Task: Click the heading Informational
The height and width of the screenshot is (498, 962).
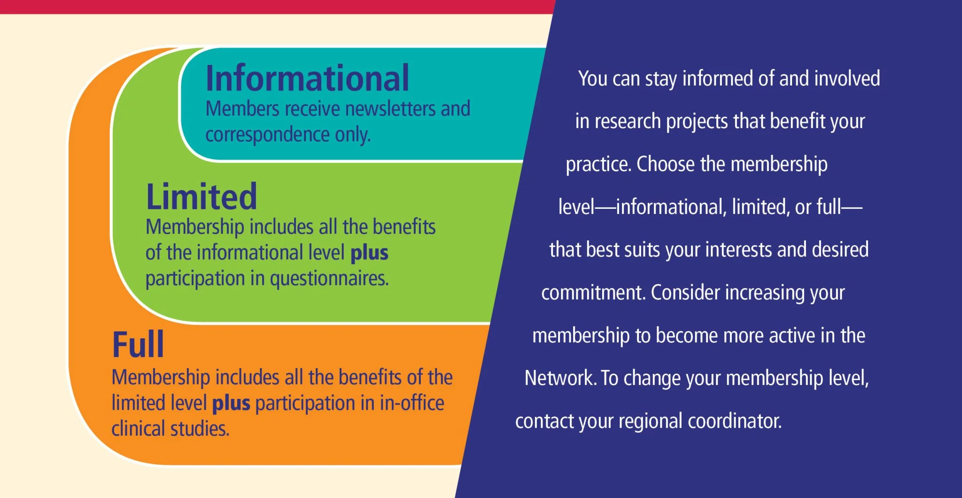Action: [x=308, y=78]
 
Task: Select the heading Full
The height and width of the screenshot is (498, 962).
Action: [x=138, y=345]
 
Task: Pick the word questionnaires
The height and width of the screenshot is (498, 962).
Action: [x=329, y=279]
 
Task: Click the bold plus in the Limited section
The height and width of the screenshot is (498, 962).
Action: [x=370, y=253]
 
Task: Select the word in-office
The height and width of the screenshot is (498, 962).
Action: [x=412, y=403]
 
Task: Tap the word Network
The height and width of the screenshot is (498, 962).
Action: [x=560, y=378]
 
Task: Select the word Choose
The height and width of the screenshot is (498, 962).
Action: [x=666, y=164]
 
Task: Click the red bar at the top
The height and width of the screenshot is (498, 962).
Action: [x=277, y=7]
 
